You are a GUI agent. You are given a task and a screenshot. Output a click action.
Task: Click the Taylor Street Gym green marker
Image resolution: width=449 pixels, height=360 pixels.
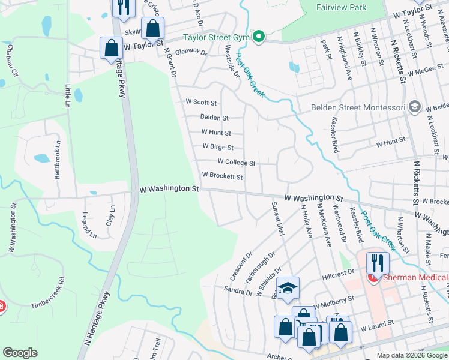point(259,38)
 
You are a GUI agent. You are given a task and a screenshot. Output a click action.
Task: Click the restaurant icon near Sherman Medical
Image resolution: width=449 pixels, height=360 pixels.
point(378,262)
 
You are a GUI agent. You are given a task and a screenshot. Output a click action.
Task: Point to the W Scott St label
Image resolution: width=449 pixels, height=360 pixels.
point(201,103)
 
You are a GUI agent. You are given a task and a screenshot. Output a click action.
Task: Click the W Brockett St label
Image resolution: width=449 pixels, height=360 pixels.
point(222,177)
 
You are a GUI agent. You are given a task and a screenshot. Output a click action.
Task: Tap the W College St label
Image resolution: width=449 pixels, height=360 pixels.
point(237,162)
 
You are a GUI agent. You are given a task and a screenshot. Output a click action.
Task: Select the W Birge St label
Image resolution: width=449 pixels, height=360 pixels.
point(218,146)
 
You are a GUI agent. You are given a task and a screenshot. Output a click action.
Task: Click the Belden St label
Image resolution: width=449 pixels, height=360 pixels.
point(214,118)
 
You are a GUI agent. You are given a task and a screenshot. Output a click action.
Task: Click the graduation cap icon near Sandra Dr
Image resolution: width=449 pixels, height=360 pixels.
point(288,288)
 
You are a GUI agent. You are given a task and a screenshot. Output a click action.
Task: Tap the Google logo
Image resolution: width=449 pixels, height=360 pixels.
point(20,353)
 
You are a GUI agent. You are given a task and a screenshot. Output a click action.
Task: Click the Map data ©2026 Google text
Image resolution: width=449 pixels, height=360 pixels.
point(412,355)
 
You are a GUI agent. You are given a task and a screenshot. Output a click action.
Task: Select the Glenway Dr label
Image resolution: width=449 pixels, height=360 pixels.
point(191,53)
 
